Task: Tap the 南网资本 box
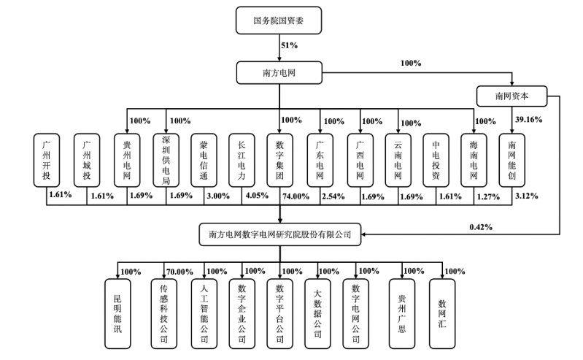(x=511, y=96)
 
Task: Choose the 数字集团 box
(x=280, y=160)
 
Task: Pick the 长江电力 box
(x=242, y=160)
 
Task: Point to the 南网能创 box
(x=511, y=160)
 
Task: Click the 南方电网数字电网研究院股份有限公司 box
(x=279, y=234)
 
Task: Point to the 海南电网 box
(x=474, y=160)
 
